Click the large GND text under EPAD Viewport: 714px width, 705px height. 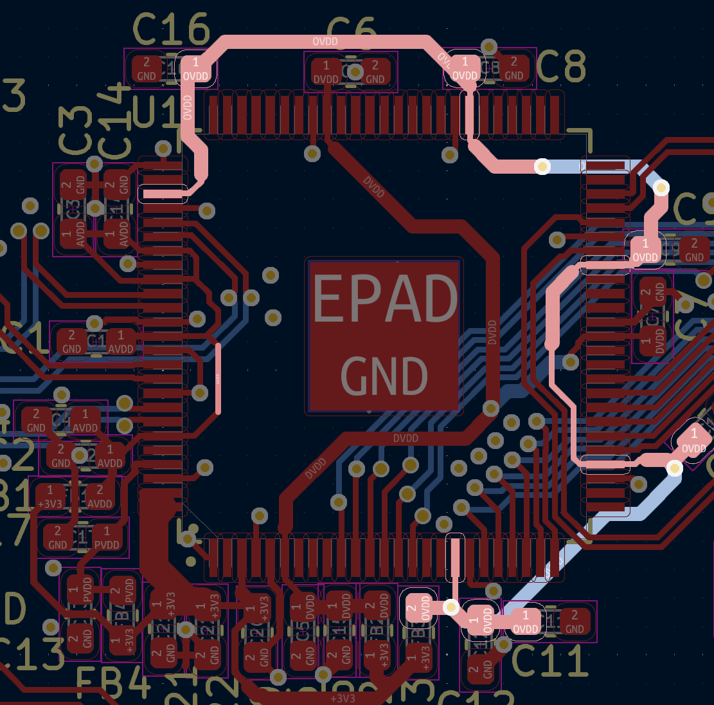(x=384, y=376)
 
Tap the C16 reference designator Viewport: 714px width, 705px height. (x=171, y=28)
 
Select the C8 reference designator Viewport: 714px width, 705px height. (x=560, y=66)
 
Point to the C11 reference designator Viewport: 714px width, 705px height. (x=550, y=660)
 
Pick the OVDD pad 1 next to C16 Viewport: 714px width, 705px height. (x=196, y=69)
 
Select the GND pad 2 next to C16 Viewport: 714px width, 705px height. (x=147, y=69)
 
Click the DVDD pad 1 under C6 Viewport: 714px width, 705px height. (x=326, y=72)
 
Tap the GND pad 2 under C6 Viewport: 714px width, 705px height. (x=375, y=72)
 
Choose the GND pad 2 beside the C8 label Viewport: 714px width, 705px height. (x=513, y=68)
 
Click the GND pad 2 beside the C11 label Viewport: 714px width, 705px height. (x=575, y=622)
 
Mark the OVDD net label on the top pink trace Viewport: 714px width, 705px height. (x=325, y=41)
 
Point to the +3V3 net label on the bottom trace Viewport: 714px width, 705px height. (x=343, y=698)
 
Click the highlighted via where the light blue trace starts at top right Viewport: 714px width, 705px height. (x=542, y=167)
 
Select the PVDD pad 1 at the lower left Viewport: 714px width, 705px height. (x=107, y=538)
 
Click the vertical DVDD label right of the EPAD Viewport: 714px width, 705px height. (x=492, y=332)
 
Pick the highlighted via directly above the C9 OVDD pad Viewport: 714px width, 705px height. (x=661, y=188)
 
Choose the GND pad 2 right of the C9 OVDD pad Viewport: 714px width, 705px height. (x=694, y=250)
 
